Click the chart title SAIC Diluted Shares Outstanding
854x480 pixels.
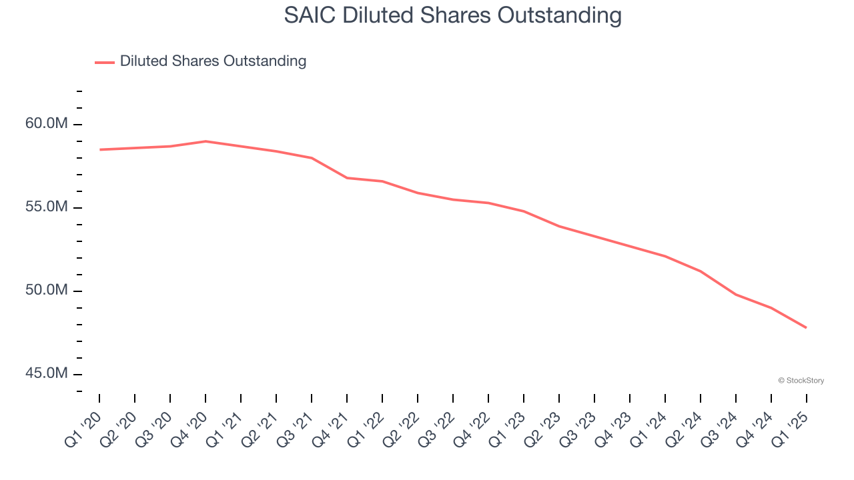pos(452,15)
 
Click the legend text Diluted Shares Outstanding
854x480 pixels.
pos(213,61)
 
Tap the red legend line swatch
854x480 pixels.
pos(105,62)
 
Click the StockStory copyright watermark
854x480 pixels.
pos(801,381)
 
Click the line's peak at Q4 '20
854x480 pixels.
pos(205,141)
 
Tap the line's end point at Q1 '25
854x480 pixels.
pos(806,327)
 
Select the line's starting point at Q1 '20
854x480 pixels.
pos(99,149)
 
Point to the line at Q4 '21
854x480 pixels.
pos(347,178)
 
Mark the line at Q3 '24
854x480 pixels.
pos(735,294)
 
